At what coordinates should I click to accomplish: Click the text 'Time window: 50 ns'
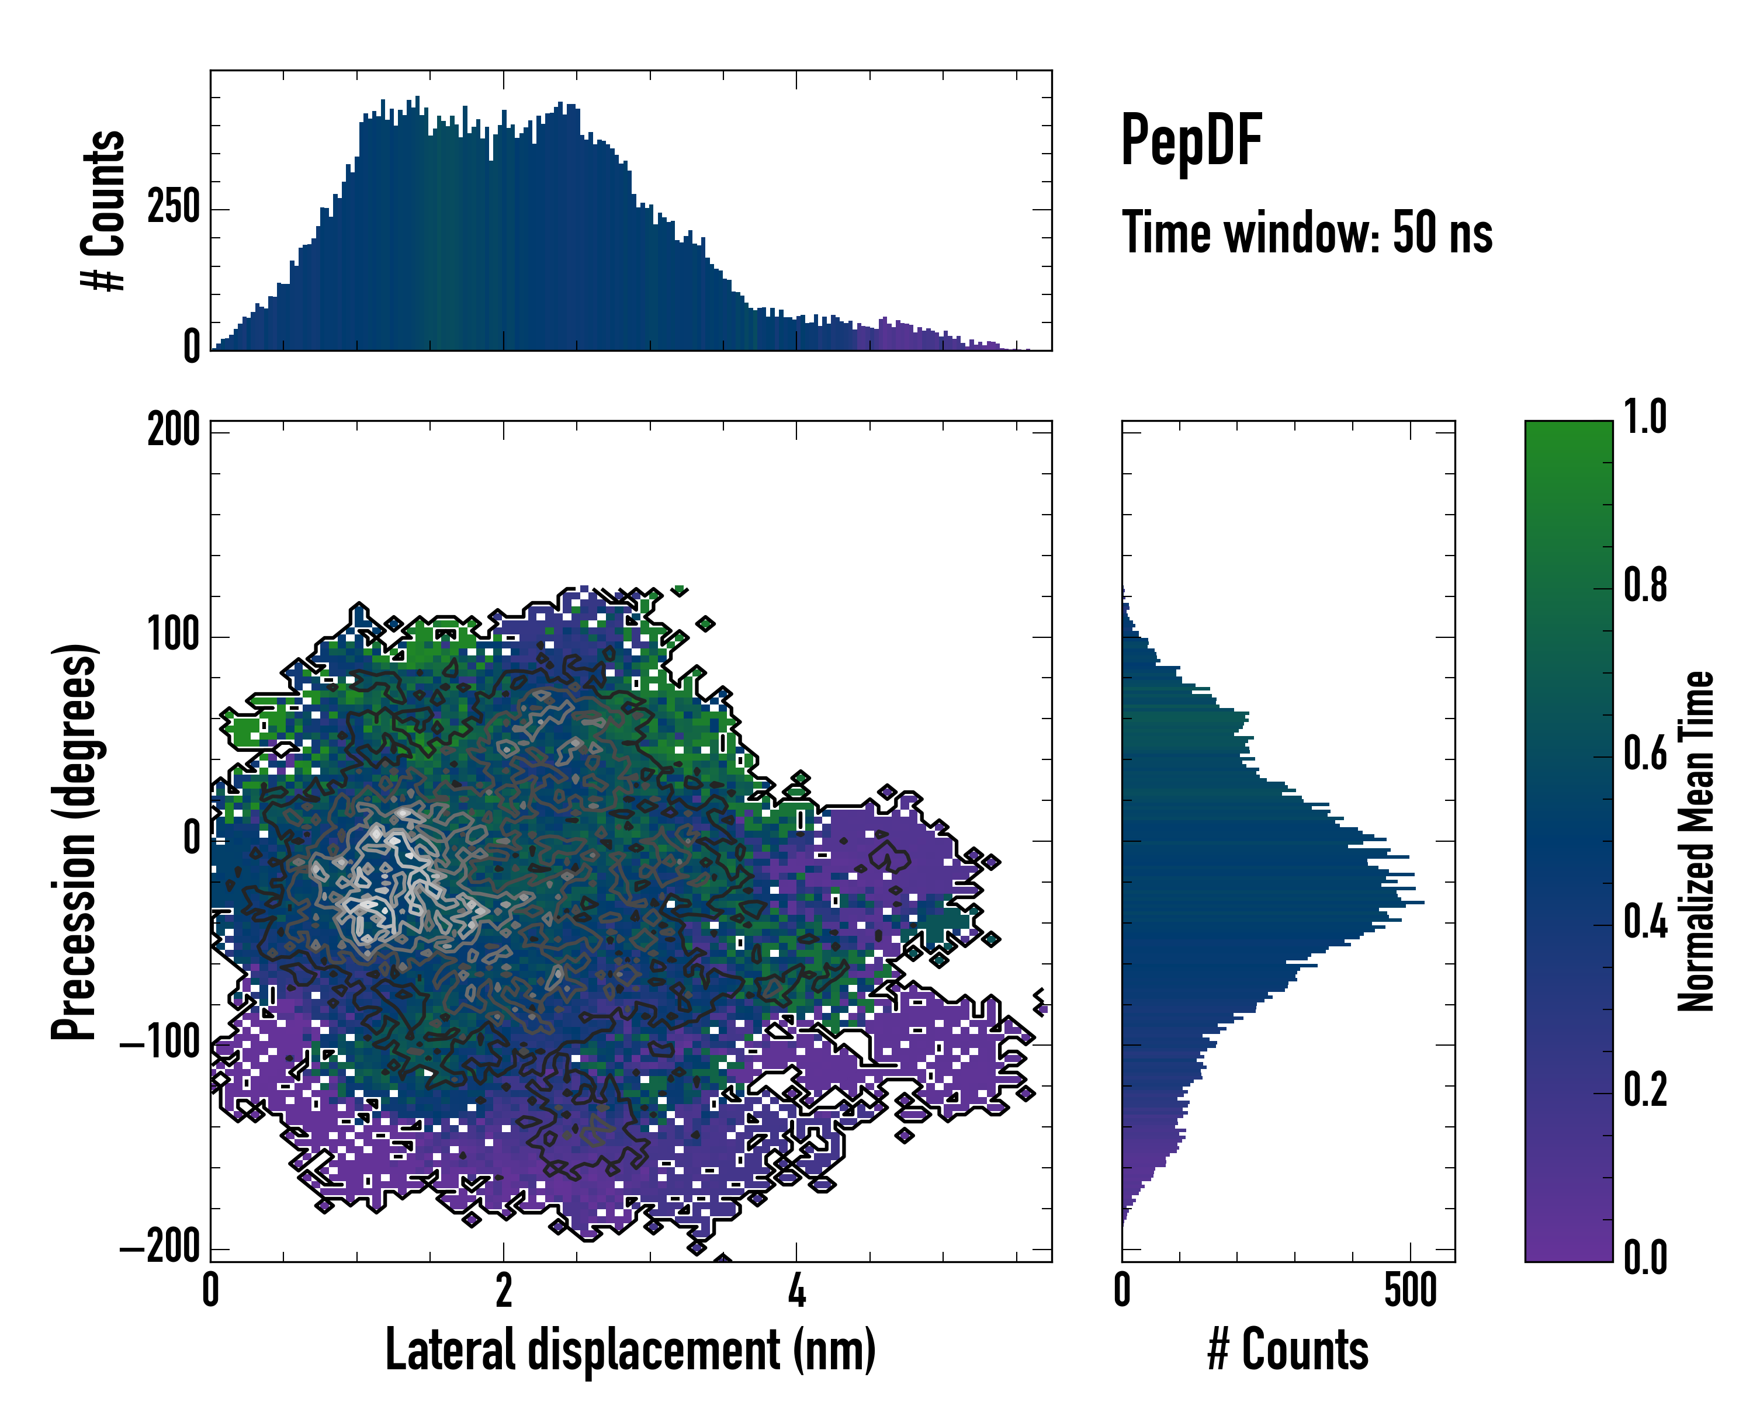click(x=1307, y=233)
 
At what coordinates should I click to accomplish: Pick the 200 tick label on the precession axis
click(x=173, y=429)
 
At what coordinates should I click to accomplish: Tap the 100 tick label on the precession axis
click(x=173, y=635)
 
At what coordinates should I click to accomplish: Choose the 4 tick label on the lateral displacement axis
click(x=797, y=1290)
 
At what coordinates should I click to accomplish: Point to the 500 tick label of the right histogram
click(x=1410, y=1290)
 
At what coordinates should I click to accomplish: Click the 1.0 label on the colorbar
click(x=1645, y=417)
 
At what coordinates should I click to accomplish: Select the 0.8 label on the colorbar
click(x=1645, y=585)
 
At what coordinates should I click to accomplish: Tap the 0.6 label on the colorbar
click(x=1645, y=754)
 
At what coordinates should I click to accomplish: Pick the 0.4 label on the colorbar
click(x=1645, y=922)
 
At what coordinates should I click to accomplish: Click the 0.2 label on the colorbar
click(x=1645, y=1091)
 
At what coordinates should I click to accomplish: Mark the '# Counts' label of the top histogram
click(x=103, y=210)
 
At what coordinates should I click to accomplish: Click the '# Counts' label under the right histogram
click(x=1288, y=1350)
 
